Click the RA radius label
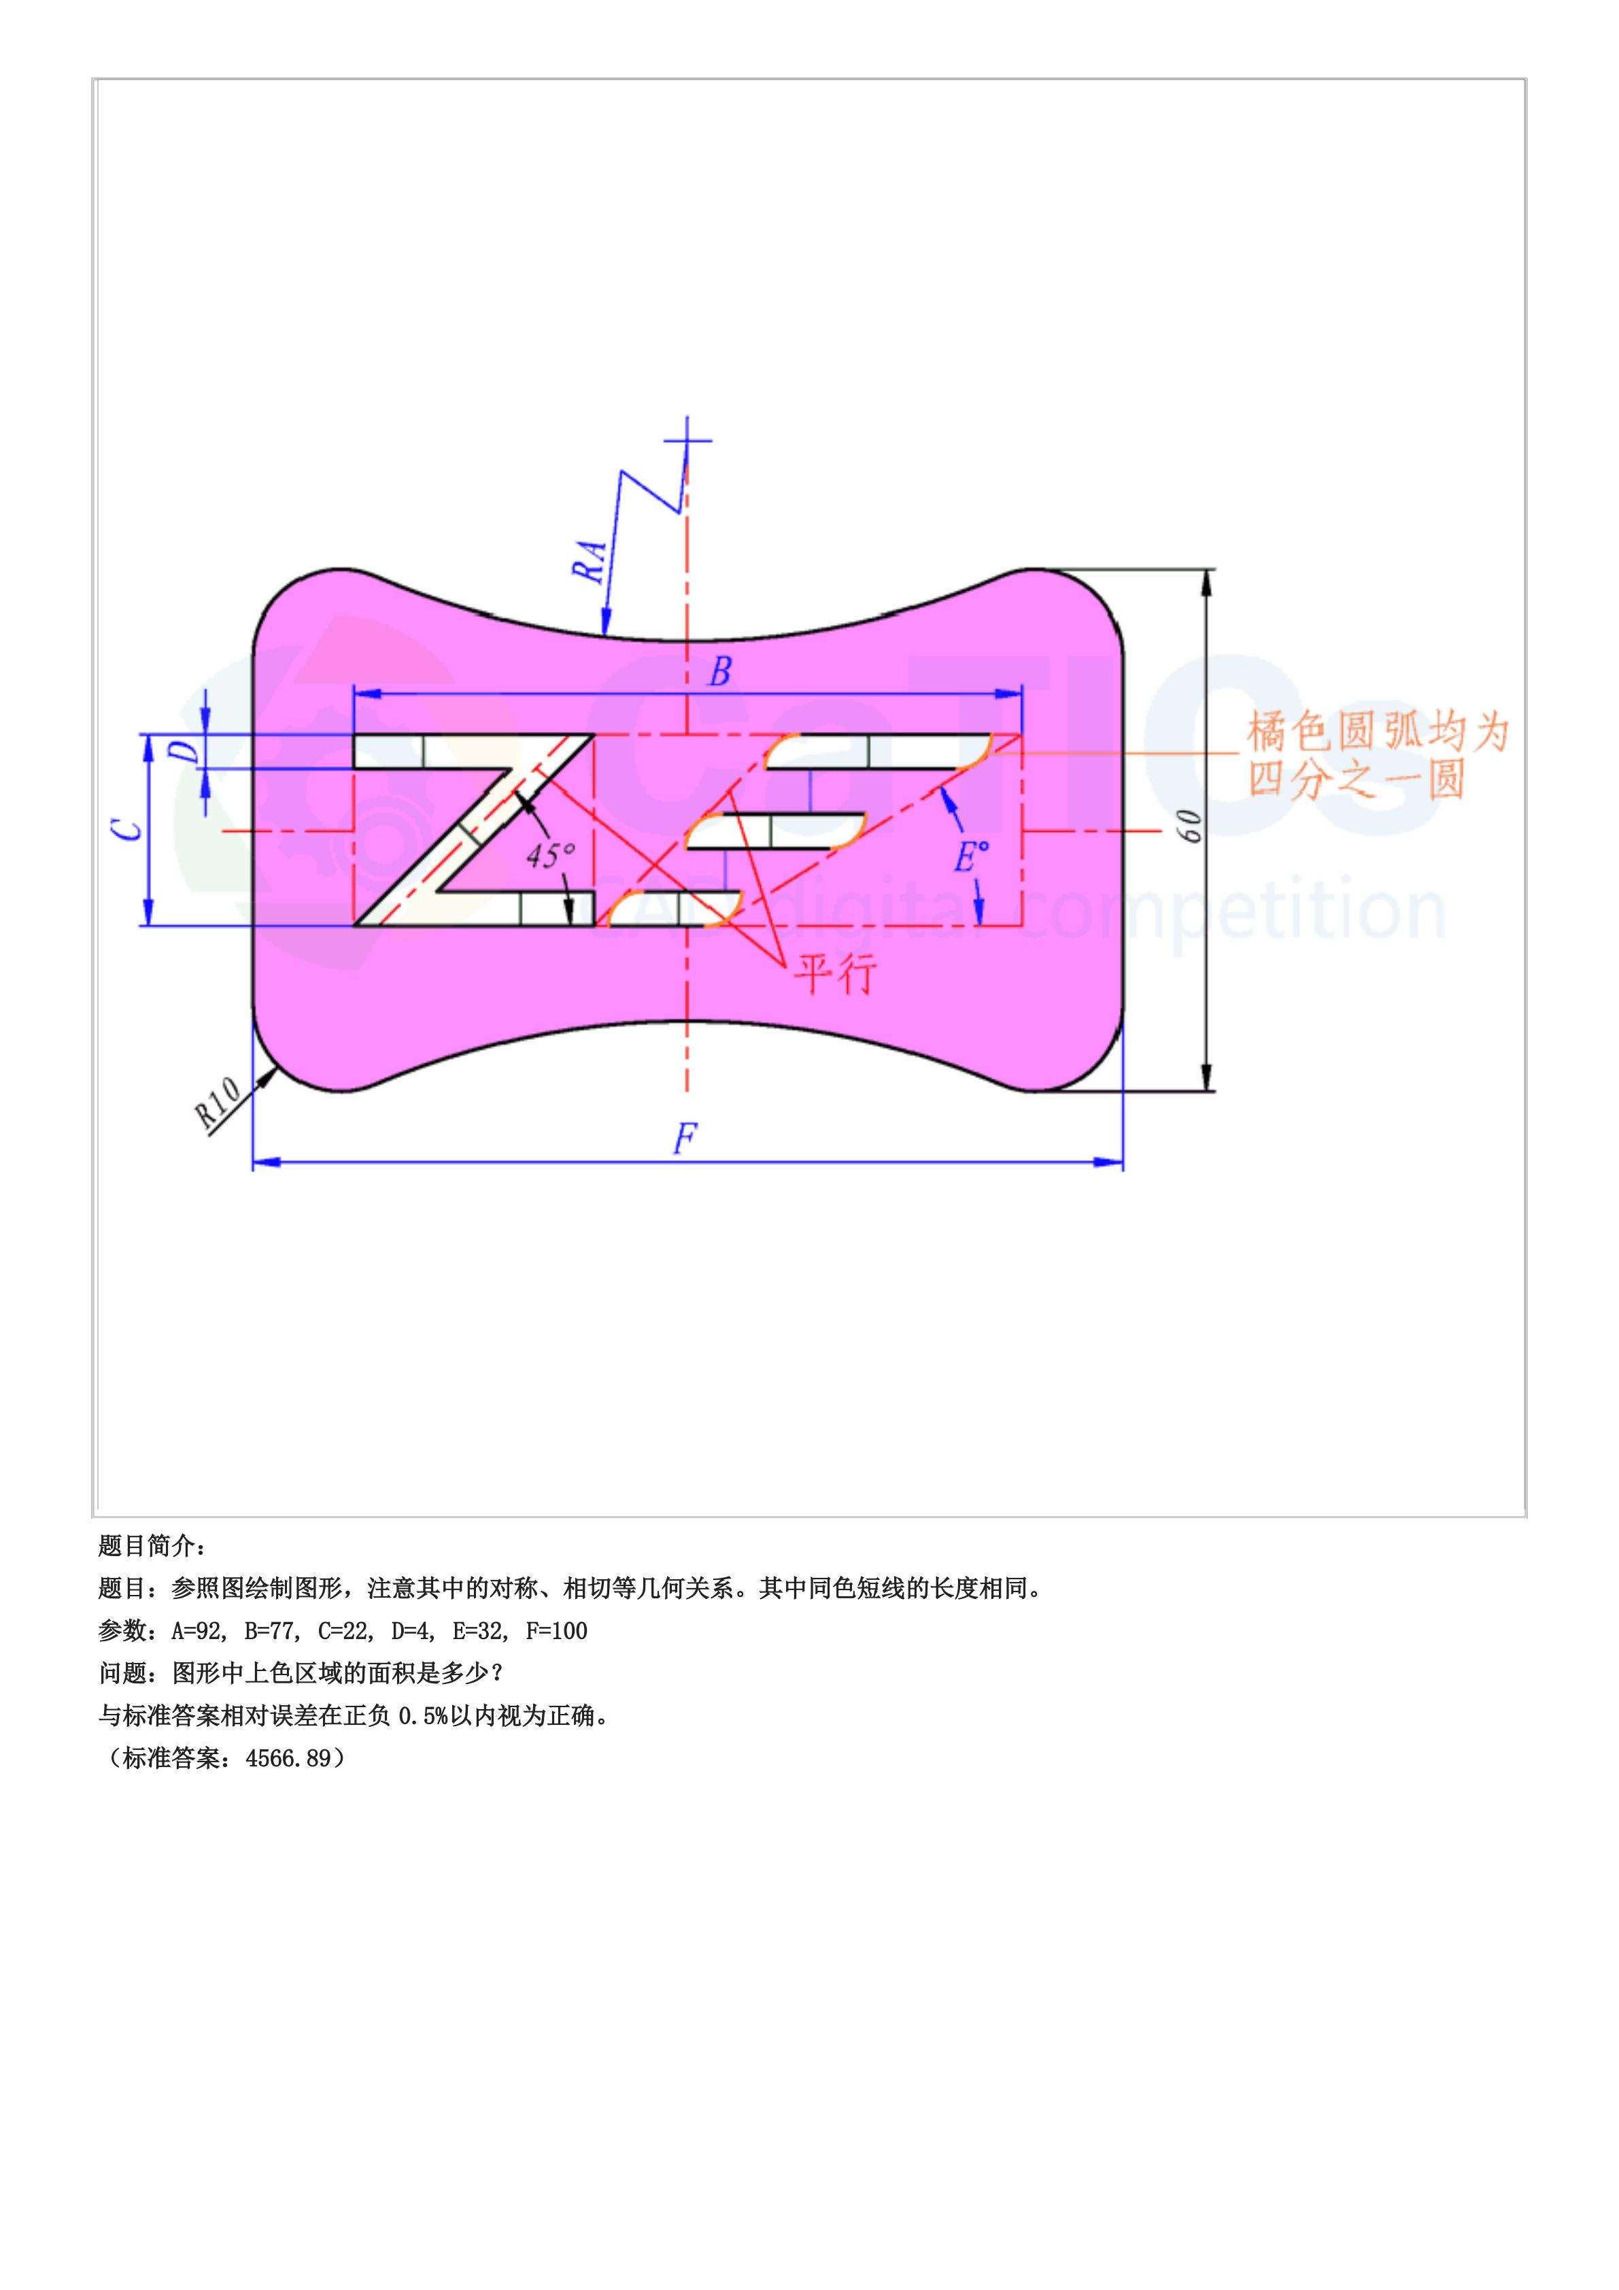(589, 562)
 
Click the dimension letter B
(719, 672)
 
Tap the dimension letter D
(186, 750)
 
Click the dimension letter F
(685, 1138)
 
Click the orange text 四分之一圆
(1356, 779)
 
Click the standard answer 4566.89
(288, 1758)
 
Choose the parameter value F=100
(556, 1631)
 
